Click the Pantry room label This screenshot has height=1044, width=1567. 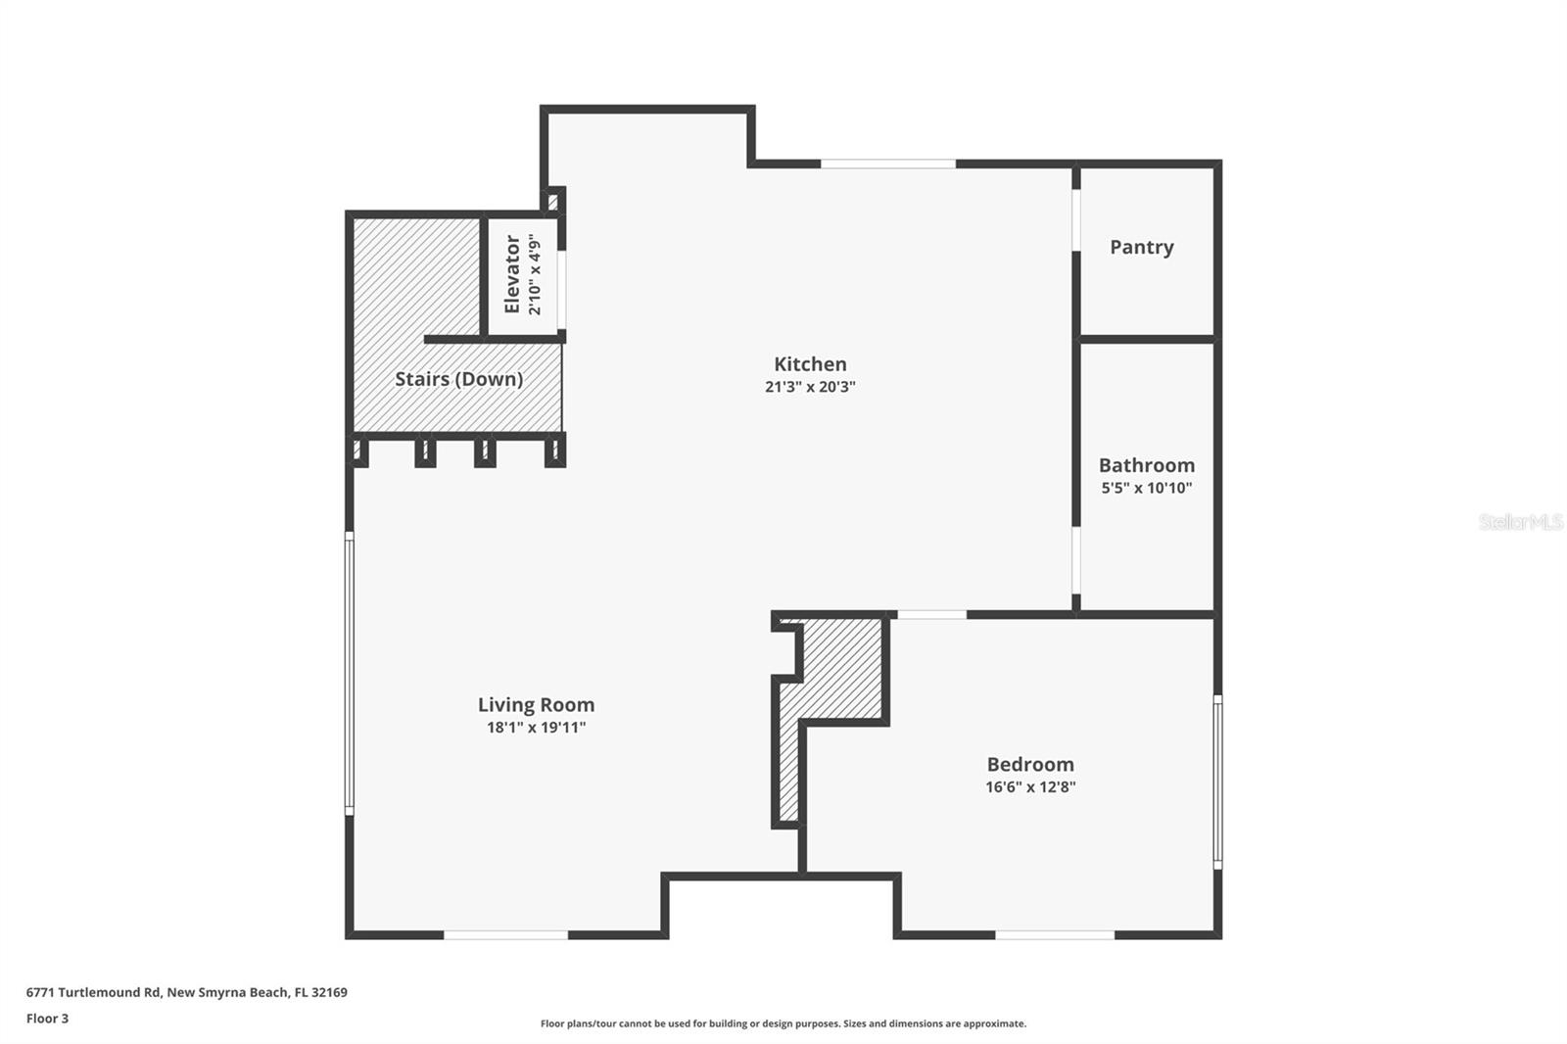coord(1141,247)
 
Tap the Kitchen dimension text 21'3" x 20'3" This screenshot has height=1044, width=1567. coord(810,387)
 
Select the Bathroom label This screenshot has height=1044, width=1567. coord(1146,465)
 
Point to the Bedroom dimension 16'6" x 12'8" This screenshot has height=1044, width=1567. coord(1030,786)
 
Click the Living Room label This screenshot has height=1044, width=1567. coord(536,704)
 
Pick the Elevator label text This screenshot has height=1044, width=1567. coord(511,274)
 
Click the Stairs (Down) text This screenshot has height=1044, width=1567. coord(458,379)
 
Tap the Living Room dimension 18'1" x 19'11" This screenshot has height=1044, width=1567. coord(536,728)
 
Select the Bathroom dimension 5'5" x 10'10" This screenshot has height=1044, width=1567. coord(1146,488)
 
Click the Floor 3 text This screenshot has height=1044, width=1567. coord(47,1019)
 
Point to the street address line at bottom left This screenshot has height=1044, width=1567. coord(186,992)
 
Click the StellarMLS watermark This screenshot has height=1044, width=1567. coord(1520,522)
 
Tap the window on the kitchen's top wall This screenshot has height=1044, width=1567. coord(887,164)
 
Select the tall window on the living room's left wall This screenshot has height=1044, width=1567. coord(349,674)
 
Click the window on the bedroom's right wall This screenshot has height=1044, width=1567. coord(1217,782)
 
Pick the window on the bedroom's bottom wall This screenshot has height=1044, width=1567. coord(1055,935)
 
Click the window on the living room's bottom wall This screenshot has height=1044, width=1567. coord(505,935)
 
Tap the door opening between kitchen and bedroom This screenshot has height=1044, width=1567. coord(931,614)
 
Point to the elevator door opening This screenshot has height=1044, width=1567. coord(562,291)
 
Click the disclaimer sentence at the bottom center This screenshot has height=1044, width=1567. coord(783,1023)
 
